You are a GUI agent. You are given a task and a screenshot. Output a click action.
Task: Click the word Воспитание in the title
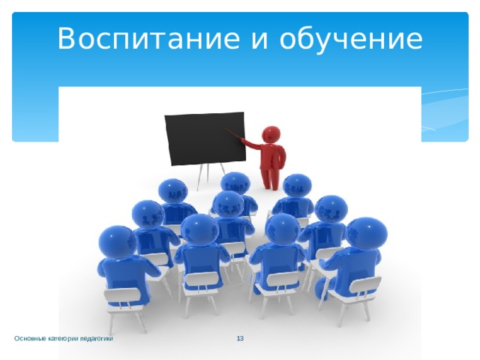[x=148, y=38]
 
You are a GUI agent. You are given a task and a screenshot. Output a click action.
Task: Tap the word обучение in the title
[x=351, y=38]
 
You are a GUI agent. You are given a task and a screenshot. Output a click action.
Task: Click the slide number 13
[x=240, y=338]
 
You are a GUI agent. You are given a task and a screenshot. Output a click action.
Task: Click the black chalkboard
[x=205, y=138]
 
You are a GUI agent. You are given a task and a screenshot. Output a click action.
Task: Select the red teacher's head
[x=271, y=134]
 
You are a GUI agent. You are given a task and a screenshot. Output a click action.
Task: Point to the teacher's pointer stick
[x=234, y=133]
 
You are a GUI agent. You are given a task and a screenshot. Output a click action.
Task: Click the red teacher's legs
[x=270, y=178]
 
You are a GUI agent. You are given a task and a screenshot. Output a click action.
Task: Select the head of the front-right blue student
[x=367, y=234]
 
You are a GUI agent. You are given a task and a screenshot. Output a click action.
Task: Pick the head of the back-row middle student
[x=235, y=184]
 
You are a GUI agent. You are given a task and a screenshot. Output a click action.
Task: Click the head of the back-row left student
[x=172, y=191]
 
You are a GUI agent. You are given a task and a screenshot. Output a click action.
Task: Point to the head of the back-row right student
[x=297, y=186]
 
